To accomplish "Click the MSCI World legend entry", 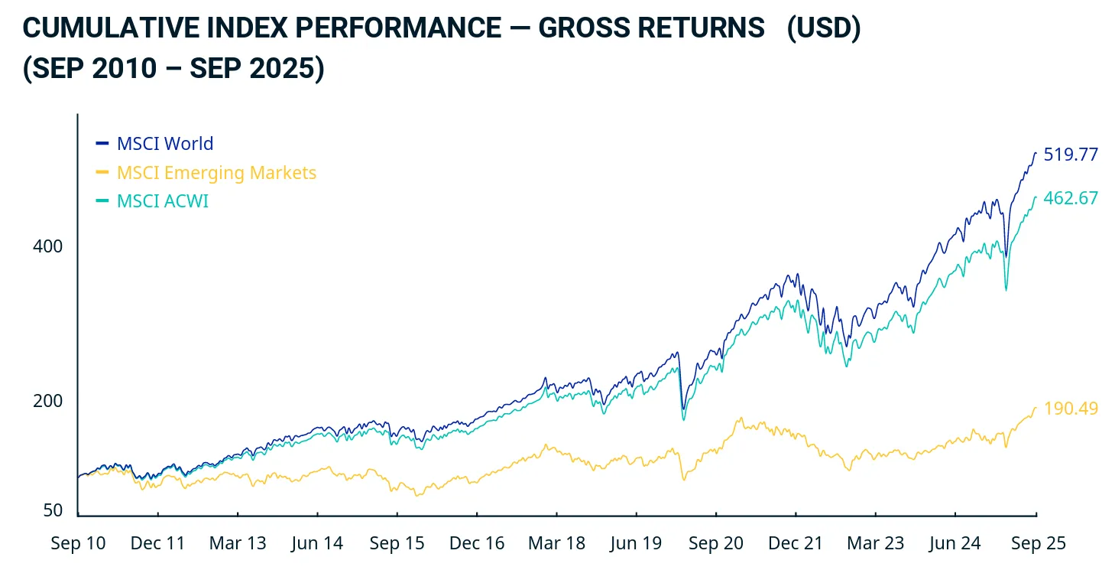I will coord(164,144).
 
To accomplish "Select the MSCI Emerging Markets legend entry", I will coord(216,173).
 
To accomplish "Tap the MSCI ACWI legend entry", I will coord(162,201).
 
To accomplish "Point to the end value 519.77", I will coord(1071,155).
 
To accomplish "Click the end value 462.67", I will coord(1071,198).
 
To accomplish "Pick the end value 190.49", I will coord(1071,409).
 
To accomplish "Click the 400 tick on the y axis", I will coord(47,246).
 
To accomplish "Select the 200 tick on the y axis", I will coord(47,401).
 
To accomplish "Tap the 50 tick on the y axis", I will coord(53,510).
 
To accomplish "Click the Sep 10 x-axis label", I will coord(78,543).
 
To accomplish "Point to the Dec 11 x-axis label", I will coord(158,543).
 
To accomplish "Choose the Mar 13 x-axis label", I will coord(238,543).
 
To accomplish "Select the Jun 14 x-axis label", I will coord(317,543).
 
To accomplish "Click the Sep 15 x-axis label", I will coord(397,543).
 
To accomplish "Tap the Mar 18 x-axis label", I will coord(556,543).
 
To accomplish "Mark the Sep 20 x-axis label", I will coord(715,543).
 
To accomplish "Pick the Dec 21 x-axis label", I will coord(796,543).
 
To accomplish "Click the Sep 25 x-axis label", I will coord(1037,543).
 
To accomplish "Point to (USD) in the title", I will coord(824,28).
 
